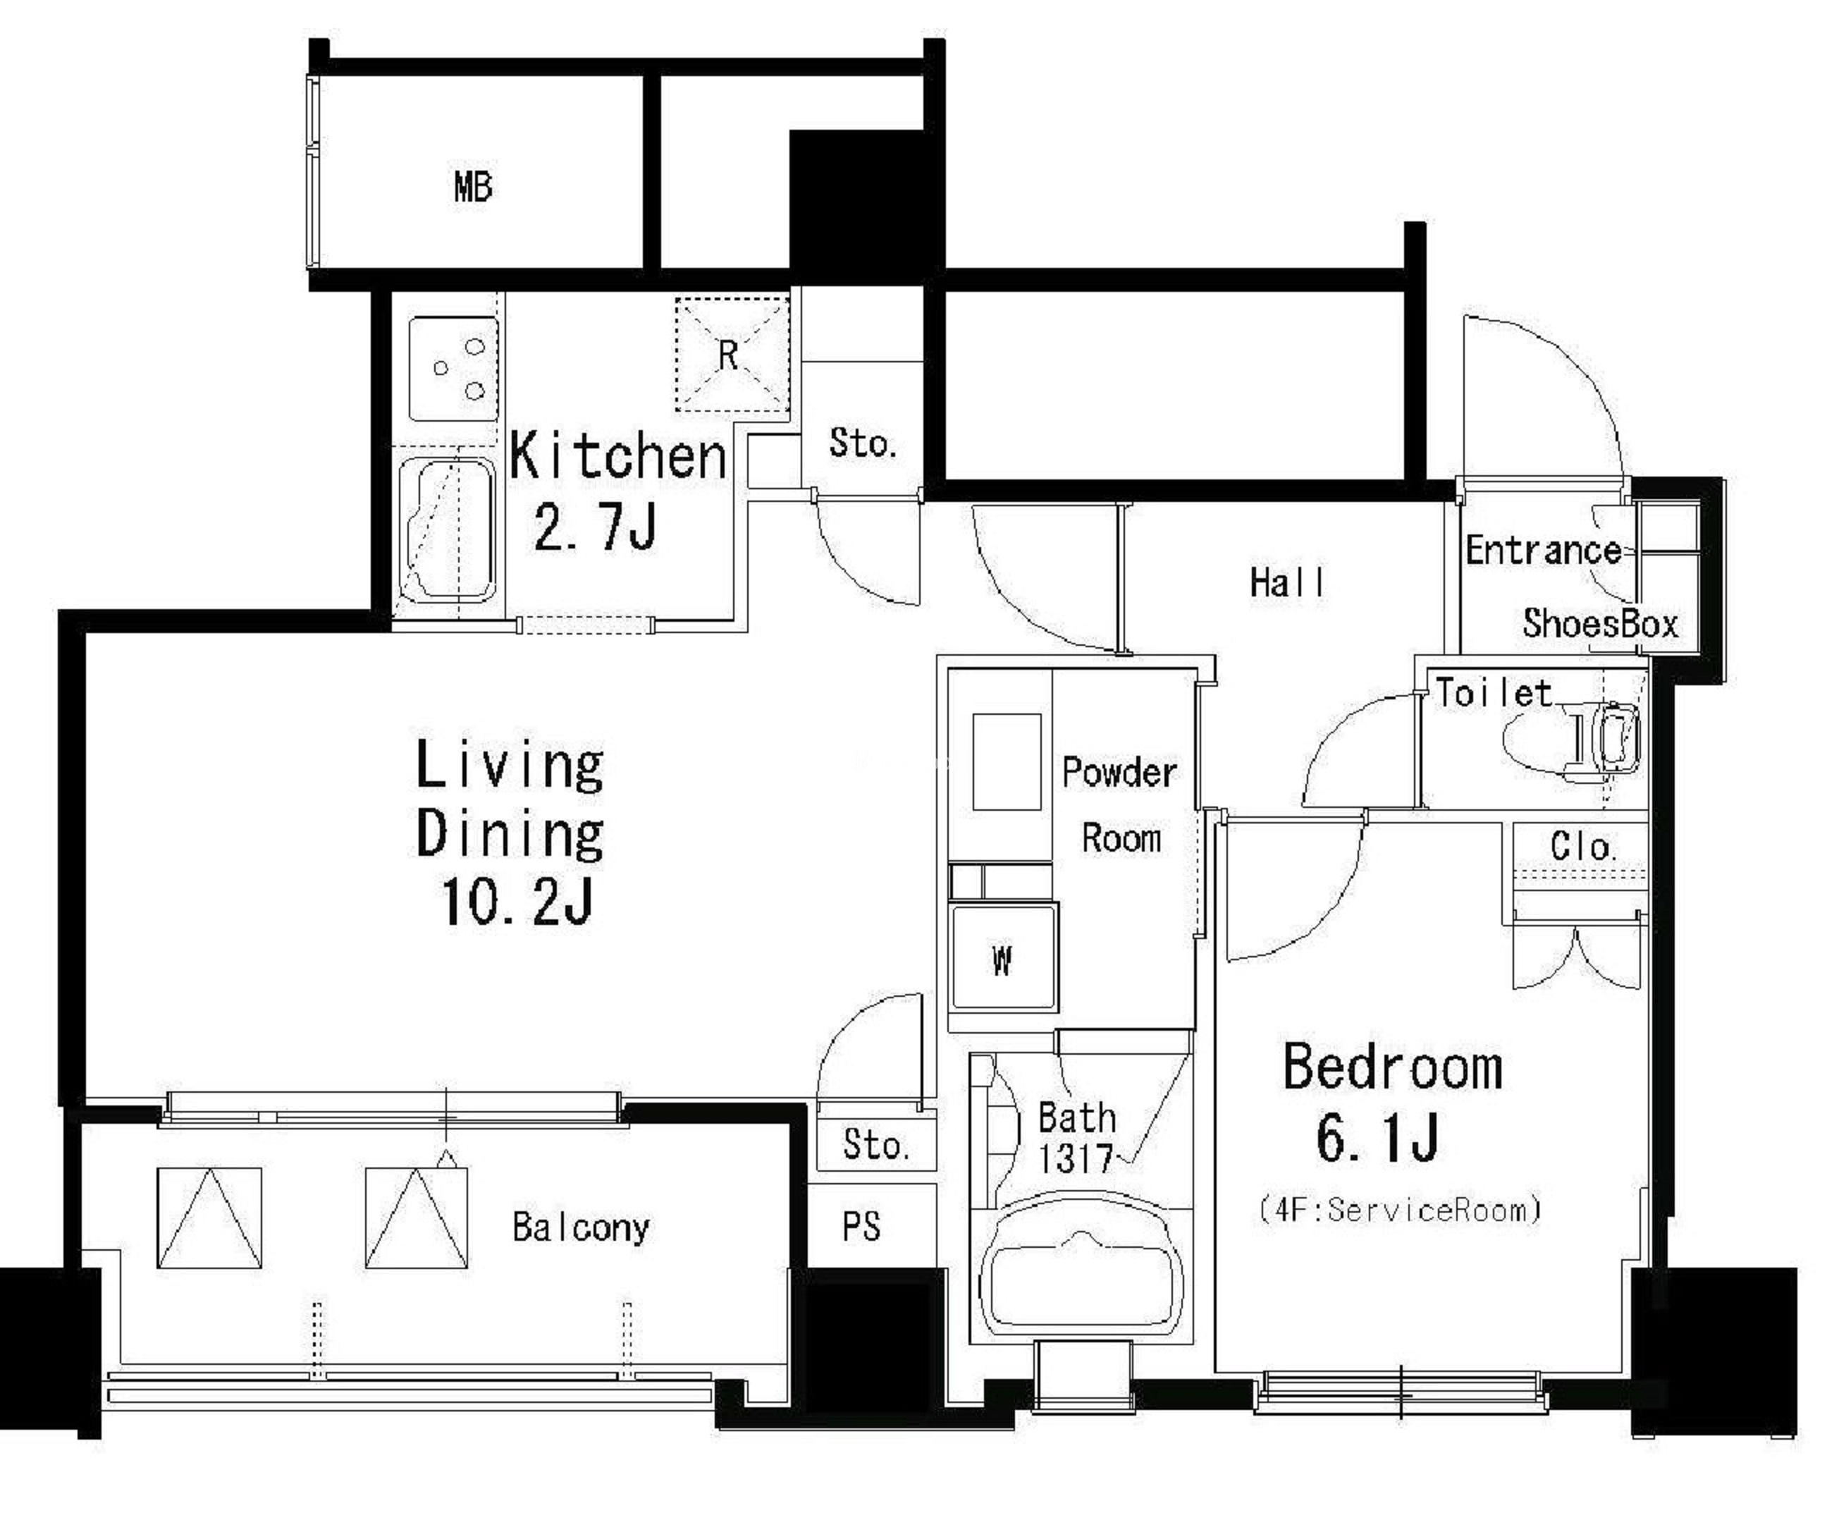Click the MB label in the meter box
click(473, 187)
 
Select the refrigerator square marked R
click(732, 353)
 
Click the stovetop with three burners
click(453, 369)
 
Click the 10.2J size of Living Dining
click(517, 902)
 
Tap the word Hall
click(1288, 582)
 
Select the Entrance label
click(1542, 550)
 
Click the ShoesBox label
click(1600, 623)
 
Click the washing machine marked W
click(1003, 958)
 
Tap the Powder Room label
click(1121, 805)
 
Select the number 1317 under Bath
click(1076, 1158)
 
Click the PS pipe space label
click(861, 1226)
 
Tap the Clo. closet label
click(1582, 847)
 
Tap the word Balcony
click(580, 1227)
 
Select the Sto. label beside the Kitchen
click(861, 443)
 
